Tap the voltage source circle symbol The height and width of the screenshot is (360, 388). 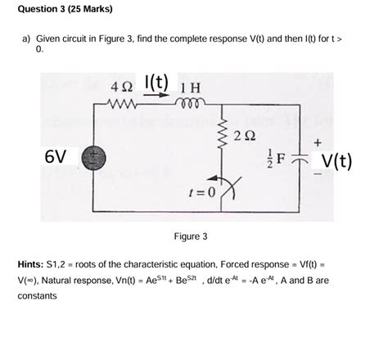pyautogui.click(x=93, y=156)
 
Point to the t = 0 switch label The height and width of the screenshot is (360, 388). pyautogui.click(x=199, y=193)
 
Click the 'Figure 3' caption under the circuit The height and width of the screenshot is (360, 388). pyautogui.click(x=191, y=236)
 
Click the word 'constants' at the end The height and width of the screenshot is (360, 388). pyautogui.click(x=37, y=295)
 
